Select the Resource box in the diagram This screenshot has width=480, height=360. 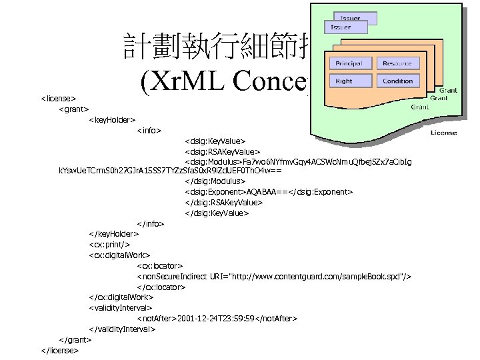click(x=397, y=63)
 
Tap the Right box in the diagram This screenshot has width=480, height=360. click(x=345, y=81)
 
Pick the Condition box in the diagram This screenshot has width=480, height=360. click(x=397, y=81)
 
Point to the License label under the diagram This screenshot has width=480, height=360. click(x=444, y=133)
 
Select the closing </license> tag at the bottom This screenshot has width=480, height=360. click(x=60, y=349)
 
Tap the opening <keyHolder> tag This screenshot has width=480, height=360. click(x=112, y=120)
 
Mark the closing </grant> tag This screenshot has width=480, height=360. click(x=74, y=339)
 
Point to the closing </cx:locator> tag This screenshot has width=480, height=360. click(x=161, y=287)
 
